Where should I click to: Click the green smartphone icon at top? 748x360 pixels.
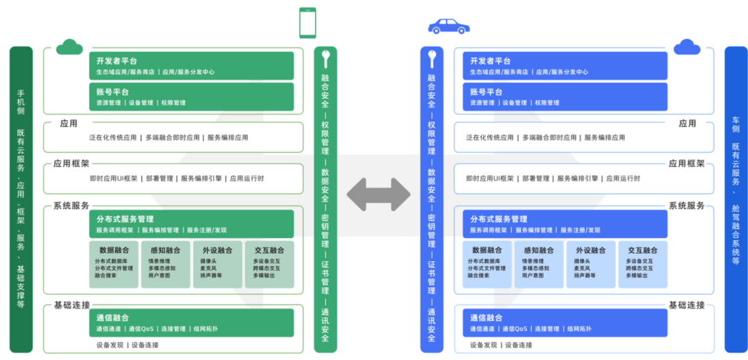[x=308, y=22]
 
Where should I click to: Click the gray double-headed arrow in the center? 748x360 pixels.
[x=378, y=194]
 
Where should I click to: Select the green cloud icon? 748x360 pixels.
[x=69, y=46]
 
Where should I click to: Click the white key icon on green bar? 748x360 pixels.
[x=325, y=58]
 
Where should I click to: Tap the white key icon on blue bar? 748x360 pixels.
[x=431, y=58]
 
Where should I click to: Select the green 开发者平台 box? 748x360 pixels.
[x=191, y=66]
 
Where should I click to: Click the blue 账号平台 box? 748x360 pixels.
[x=565, y=97]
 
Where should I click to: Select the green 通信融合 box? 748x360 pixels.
[x=191, y=323]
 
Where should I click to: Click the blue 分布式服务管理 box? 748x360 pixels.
[x=565, y=224]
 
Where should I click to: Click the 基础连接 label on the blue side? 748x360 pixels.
[x=686, y=305]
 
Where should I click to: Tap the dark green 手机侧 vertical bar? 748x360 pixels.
[x=21, y=199]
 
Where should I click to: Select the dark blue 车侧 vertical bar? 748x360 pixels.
[x=736, y=199]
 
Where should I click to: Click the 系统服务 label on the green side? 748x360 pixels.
[x=71, y=206]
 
